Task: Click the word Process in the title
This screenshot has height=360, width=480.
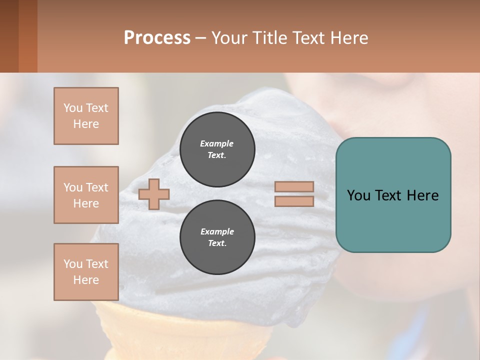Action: click(157, 37)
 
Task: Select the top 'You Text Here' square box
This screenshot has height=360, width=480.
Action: click(86, 116)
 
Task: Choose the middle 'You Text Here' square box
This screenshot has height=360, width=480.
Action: click(86, 195)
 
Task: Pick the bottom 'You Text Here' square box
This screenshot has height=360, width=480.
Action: click(86, 272)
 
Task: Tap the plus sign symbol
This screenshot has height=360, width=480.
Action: click(154, 194)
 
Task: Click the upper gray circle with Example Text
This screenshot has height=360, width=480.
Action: click(217, 149)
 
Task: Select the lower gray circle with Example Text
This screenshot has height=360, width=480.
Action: click(217, 237)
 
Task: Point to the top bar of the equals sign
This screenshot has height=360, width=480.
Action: click(294, 186)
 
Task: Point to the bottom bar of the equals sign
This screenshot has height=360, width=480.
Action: click(294, 201)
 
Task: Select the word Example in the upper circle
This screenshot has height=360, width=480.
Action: click(217, 143)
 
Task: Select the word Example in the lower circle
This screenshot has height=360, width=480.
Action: click(217, 231)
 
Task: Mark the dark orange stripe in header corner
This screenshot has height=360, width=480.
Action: click(28, 36)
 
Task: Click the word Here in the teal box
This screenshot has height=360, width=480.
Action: click(422, 195)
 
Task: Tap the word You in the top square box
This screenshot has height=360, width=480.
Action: click(72, 108)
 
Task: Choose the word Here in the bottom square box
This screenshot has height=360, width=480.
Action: click(86, 280)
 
